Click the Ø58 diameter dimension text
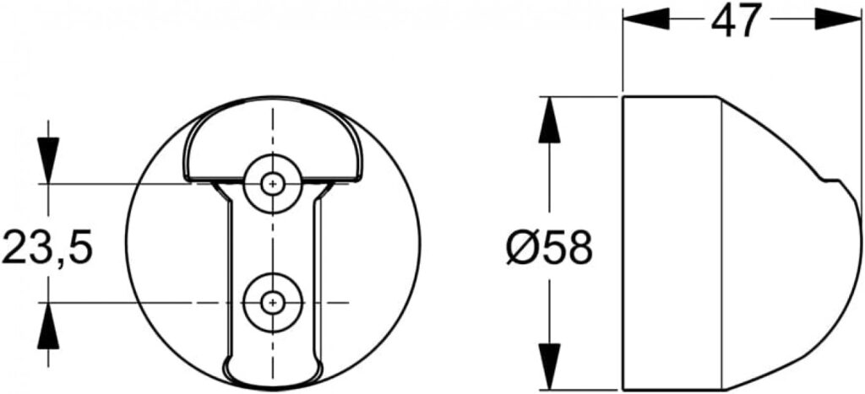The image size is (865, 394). (549, 248)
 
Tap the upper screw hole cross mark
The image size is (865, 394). (271, 183)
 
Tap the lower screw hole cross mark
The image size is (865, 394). (271, 302)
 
